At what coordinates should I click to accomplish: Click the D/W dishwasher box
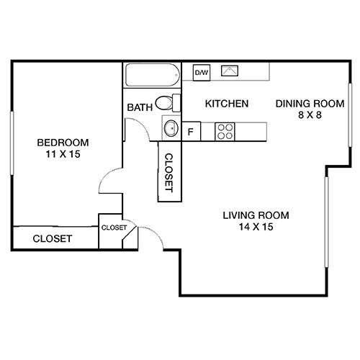(201, 72)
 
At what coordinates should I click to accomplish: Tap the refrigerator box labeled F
(192, 131)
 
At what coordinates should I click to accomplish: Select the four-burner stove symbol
(225, 131)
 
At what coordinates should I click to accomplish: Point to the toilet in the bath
(166, 102)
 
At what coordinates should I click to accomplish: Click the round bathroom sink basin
(171, 129)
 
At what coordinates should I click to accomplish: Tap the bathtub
(151, 76)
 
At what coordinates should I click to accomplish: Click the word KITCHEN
(227, 104)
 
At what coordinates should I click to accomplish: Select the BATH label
(140, 108)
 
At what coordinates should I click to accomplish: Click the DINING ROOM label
(305, 104)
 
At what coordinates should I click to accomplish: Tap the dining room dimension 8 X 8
(305, 116)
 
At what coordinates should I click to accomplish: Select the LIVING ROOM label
(256, 215)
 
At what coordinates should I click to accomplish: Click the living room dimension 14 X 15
(256, 227)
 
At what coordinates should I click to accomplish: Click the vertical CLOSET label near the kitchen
(168, 172)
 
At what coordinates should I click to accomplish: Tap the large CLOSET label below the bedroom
(52, 238)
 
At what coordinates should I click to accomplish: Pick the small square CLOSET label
(114, 228)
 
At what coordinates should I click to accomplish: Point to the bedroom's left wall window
(12, 143)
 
